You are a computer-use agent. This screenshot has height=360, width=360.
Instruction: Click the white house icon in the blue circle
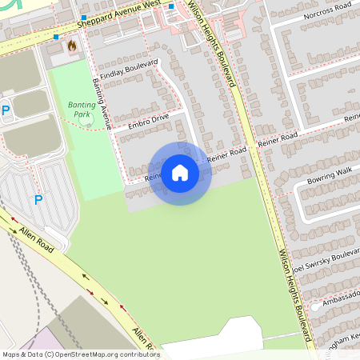180,173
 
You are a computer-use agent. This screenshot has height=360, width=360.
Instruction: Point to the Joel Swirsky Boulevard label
326,258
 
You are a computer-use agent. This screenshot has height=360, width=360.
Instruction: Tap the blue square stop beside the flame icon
56,37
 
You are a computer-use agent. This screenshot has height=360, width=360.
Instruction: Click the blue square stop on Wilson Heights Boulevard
171,6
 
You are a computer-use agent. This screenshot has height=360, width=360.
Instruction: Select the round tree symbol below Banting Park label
88,120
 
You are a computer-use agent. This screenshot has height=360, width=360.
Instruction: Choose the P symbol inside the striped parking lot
38,200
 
